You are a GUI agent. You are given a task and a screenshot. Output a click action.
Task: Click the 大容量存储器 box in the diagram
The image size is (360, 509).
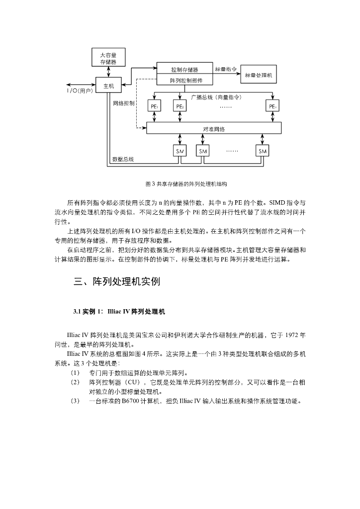108,58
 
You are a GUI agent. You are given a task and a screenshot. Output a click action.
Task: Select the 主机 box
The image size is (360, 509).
108,86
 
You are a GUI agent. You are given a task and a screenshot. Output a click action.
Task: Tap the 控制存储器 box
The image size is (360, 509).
184,70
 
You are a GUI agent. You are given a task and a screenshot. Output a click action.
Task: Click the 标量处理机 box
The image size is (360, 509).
259,75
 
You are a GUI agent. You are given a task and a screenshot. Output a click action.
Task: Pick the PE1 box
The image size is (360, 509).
154,106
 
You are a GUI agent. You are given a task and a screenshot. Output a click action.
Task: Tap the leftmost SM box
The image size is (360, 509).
180,151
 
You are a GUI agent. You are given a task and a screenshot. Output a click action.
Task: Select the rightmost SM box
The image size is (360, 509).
262,151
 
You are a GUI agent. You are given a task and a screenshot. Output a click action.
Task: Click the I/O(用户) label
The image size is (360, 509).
80,91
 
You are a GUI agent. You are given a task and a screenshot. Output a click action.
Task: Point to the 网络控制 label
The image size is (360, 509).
124,103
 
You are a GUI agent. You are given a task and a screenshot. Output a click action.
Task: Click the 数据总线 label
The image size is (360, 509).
122,160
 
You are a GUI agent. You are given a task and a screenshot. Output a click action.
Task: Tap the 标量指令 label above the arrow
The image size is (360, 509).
226,69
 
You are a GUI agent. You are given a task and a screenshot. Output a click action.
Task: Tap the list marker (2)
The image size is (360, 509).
75,382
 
